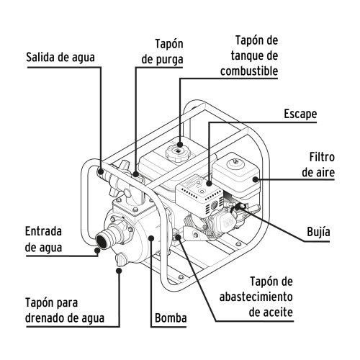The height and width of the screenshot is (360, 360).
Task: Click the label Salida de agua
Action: pyautogui.click(x=60, y=55)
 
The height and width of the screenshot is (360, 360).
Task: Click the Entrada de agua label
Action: pyautogui.click(x=44, y=239)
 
